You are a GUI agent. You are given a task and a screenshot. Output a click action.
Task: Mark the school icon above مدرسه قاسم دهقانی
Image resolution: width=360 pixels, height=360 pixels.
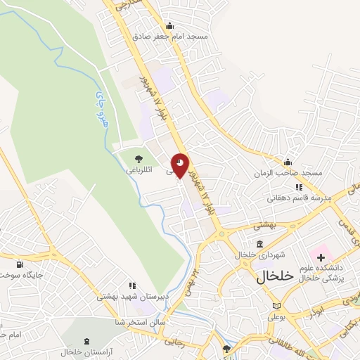click(299, 187)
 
